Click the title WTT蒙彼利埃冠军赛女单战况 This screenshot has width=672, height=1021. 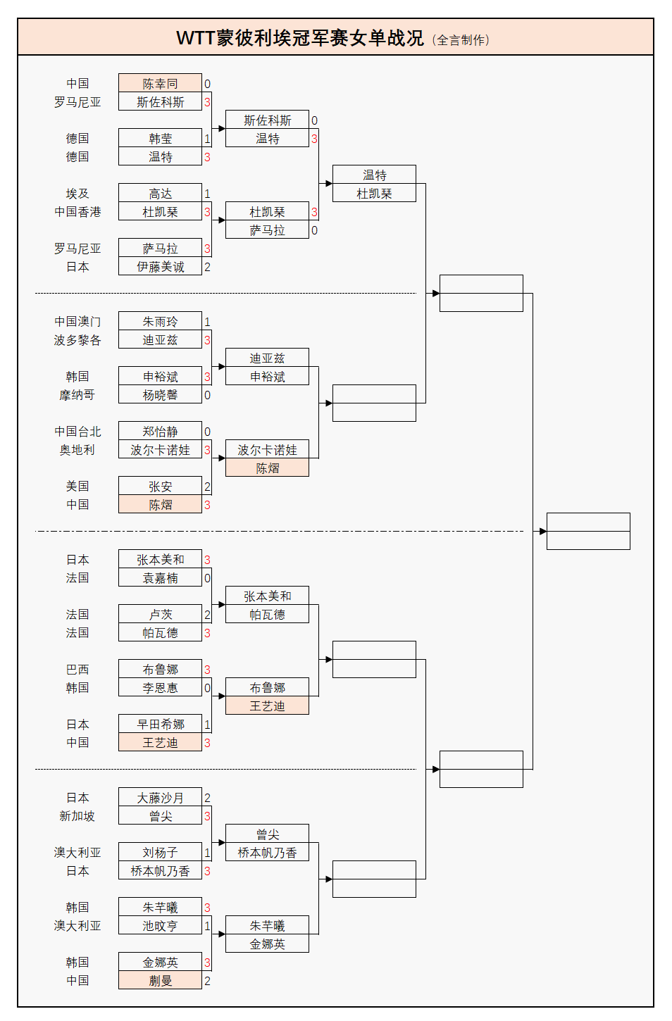pyautogui.click(x=300, y=38)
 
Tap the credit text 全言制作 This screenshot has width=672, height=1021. pyautogui.click(x=461, y=40)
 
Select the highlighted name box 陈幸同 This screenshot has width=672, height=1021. pyautogui.click(x=160, y=84)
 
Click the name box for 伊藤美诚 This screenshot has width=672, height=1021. pyautogui.click(x=160, y=267)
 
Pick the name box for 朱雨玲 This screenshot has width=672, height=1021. pyautogui.click(x=160, y=322)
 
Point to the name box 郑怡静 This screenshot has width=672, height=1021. pyautogui.click(x=160, y=432)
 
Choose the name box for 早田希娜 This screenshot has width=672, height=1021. pyautogui.click(x=160, y=725)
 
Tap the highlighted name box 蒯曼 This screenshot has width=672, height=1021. pyautogui.click(x=160, y=981)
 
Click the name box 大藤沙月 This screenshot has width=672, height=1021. pyautogui.click(x=160, y=798)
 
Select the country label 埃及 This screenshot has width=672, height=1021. pyautogui.click(x=77, y=194)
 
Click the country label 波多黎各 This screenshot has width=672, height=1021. pyautogui.click(x=77, y=340)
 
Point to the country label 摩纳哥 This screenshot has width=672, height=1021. pyautogui.click(x=77, y=395)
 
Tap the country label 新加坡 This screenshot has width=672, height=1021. pyautogui.click(x=77, y=816)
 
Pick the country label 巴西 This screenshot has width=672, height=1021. pyautogui.click(x=77, y=670)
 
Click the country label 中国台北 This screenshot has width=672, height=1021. pyautogui.click(x=77, y=432)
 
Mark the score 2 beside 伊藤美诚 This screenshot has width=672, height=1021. pyautogui.click(x=207, y=267)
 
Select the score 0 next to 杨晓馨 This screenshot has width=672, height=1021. pyautogui.click(x=207, y=395)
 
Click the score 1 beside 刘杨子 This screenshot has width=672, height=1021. pyautogui.click(x=207, y=853)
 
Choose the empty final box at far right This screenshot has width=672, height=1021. pyautogui.click(x=588, y=532)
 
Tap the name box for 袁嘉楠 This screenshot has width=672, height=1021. pyautogui.click(x=160, y=578)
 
